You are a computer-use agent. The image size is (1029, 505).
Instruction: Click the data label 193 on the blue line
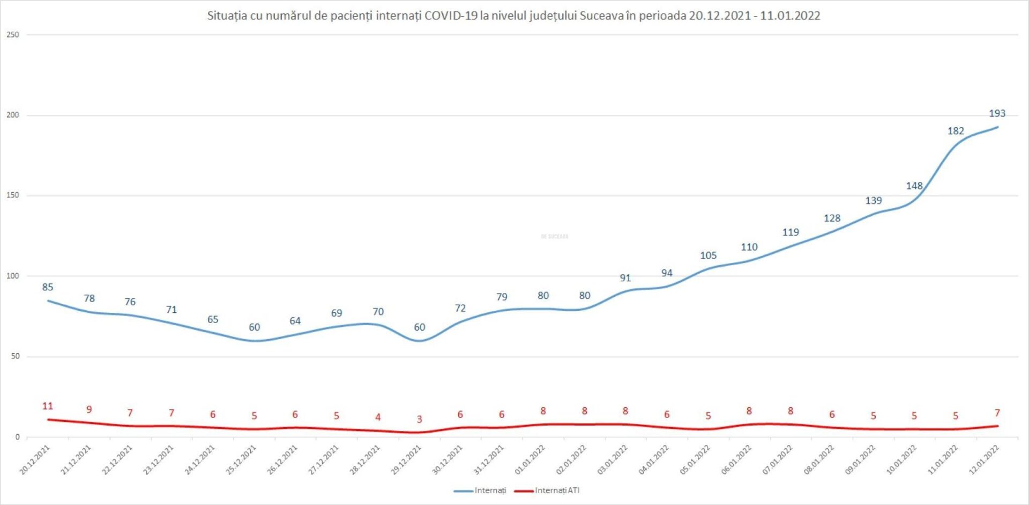click(997, 113)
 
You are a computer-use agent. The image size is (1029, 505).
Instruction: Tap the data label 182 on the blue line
click(956, 131)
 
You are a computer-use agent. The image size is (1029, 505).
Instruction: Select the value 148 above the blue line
click(914, 186)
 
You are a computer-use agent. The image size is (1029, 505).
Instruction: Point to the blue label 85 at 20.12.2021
click(48, 287)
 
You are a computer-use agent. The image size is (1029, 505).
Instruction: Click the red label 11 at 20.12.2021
click(48, 406)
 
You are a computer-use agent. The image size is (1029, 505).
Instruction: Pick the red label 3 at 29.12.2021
click(420, 419)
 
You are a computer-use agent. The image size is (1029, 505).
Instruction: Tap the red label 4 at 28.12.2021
click(378, 417)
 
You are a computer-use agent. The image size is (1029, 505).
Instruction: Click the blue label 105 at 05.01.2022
click(708, 255)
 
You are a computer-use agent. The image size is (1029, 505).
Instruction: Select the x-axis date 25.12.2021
click(242, 460)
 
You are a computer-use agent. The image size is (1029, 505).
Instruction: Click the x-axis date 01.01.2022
click(530, 460)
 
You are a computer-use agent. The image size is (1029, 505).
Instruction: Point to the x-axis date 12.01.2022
click(984, 460)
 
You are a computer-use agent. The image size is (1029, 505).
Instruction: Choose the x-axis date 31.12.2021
click(489, 460)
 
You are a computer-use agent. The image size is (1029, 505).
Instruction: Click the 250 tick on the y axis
click(12, 35)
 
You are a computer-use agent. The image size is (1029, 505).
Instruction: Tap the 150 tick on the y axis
click(12, 195)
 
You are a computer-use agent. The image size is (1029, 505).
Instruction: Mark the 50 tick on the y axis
click(14, 356)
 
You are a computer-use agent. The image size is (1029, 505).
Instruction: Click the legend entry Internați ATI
click(557, 491)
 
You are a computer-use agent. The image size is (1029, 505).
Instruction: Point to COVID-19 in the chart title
click(451, 16)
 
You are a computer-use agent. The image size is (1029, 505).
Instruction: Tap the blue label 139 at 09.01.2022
click(873, 201)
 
